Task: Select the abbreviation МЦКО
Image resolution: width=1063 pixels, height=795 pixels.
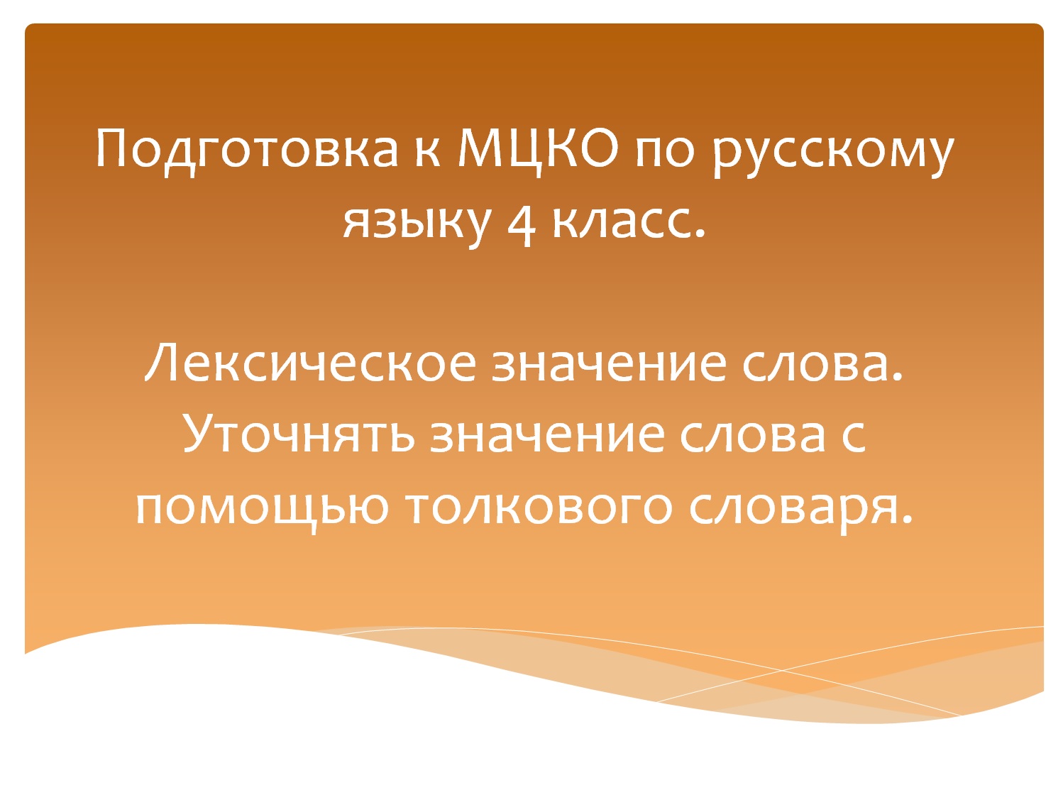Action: pos(538,149)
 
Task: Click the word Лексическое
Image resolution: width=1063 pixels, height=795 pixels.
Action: pos(311,363)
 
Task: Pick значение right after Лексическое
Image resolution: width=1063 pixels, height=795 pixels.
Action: pos(609,363)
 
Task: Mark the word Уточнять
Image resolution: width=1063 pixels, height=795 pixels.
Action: pos(299,434)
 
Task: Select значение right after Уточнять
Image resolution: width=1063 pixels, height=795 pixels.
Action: pos(547,434)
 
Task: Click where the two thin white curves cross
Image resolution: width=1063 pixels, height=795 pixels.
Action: pos(781,669)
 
